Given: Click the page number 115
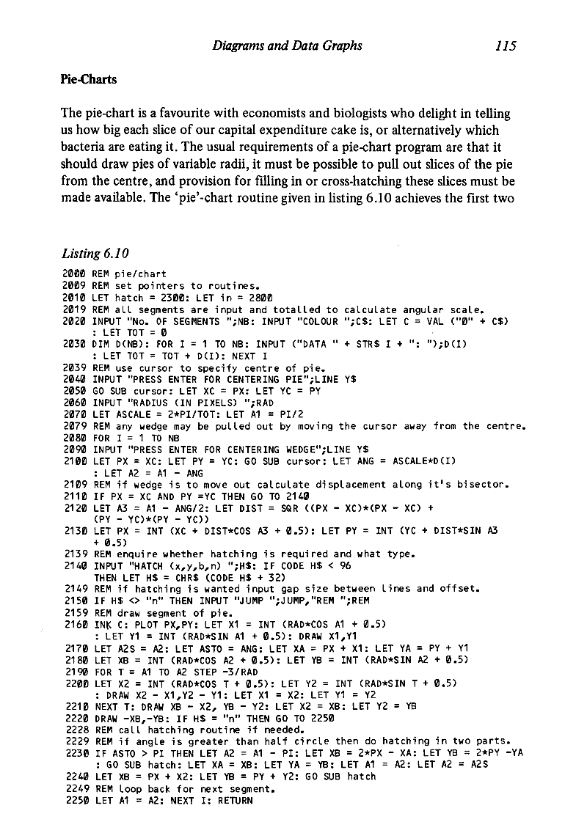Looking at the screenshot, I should (x=506, y=46).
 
